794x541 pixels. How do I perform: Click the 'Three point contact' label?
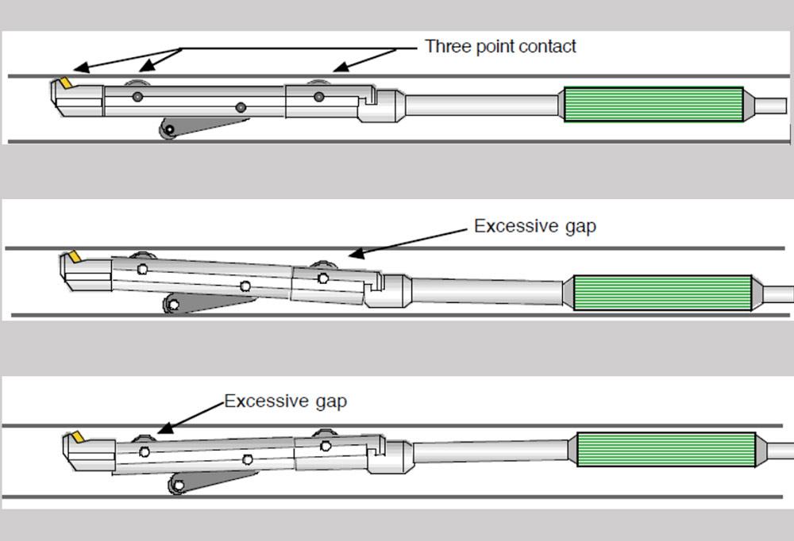(x=500, y=46)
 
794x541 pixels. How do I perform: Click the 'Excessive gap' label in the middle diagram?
(x=534, y=226)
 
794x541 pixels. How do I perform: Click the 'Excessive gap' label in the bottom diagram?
(x=285, y=401)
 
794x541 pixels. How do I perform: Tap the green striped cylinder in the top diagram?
(x=653, y=104)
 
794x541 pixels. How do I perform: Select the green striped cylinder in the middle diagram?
(x=662, y=292)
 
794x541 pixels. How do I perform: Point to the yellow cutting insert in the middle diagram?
(x=75, y=257)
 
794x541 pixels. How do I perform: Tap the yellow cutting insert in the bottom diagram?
(x=78, y=437)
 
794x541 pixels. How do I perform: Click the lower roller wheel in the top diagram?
(x=168, y=130)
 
